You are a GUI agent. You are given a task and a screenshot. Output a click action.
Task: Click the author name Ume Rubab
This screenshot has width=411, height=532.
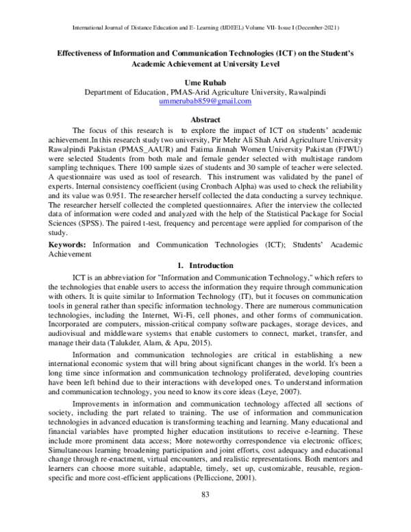tap(205, 81)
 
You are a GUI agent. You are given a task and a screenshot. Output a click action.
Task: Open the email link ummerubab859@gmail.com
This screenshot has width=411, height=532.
tap(205, 101)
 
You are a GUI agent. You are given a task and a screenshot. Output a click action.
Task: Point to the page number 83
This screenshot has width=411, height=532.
tap(205, 514)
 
